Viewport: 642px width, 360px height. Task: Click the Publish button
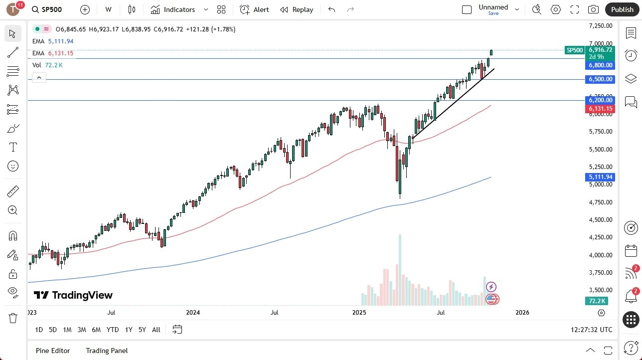coord(622,9)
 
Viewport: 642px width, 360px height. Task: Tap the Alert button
coord(254,9)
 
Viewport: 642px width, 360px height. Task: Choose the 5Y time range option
coord(142,330)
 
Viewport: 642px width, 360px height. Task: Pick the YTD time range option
coord(113,330)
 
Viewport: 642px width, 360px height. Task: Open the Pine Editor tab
coord(53,351)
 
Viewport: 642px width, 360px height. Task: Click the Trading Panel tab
coord(107,351)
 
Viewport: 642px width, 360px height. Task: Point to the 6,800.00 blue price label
coord(601,65)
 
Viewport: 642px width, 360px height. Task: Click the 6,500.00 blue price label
coord(601,79)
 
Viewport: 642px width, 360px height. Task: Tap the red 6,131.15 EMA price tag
coord(601,109)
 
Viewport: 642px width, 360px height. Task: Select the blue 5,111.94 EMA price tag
coord(601,177)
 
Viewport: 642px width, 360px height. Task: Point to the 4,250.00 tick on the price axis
coord(601,237)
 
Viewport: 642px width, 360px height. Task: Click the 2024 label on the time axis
coord(193,313)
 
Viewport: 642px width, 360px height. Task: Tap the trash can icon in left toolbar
coord(13,318)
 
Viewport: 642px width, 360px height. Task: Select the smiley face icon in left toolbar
coord(13,166)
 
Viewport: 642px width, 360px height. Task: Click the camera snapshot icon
coord(593,9)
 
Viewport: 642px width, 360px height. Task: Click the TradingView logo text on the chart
coord(73,295)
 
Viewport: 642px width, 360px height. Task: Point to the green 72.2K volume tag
coord(597,301)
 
